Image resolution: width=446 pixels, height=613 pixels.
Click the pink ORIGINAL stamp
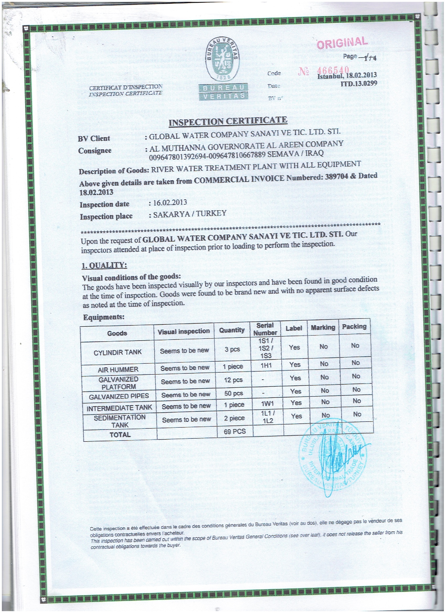pos(342,43)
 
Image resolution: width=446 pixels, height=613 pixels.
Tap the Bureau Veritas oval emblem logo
pos(222,59)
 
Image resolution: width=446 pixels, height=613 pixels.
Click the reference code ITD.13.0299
pos(359,84)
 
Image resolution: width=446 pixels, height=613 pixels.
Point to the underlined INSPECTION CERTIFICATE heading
pos(228,121)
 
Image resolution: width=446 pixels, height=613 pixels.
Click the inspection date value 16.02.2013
pos(170,203)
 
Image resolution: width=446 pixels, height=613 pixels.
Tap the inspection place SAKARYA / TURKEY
pos(190,214)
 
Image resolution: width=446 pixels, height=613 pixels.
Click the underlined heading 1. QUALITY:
pos(104,265)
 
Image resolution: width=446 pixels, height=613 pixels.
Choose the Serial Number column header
pos(265,329)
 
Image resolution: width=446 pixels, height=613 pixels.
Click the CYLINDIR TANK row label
pos(117,352)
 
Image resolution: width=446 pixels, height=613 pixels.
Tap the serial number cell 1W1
pos(267,404)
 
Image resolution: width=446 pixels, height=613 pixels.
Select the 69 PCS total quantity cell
pos(235,431)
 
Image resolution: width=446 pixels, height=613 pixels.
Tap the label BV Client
pos(94,139)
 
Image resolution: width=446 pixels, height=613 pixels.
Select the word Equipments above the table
pos(104,317)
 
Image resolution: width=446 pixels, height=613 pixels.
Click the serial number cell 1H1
pos(266,366)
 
